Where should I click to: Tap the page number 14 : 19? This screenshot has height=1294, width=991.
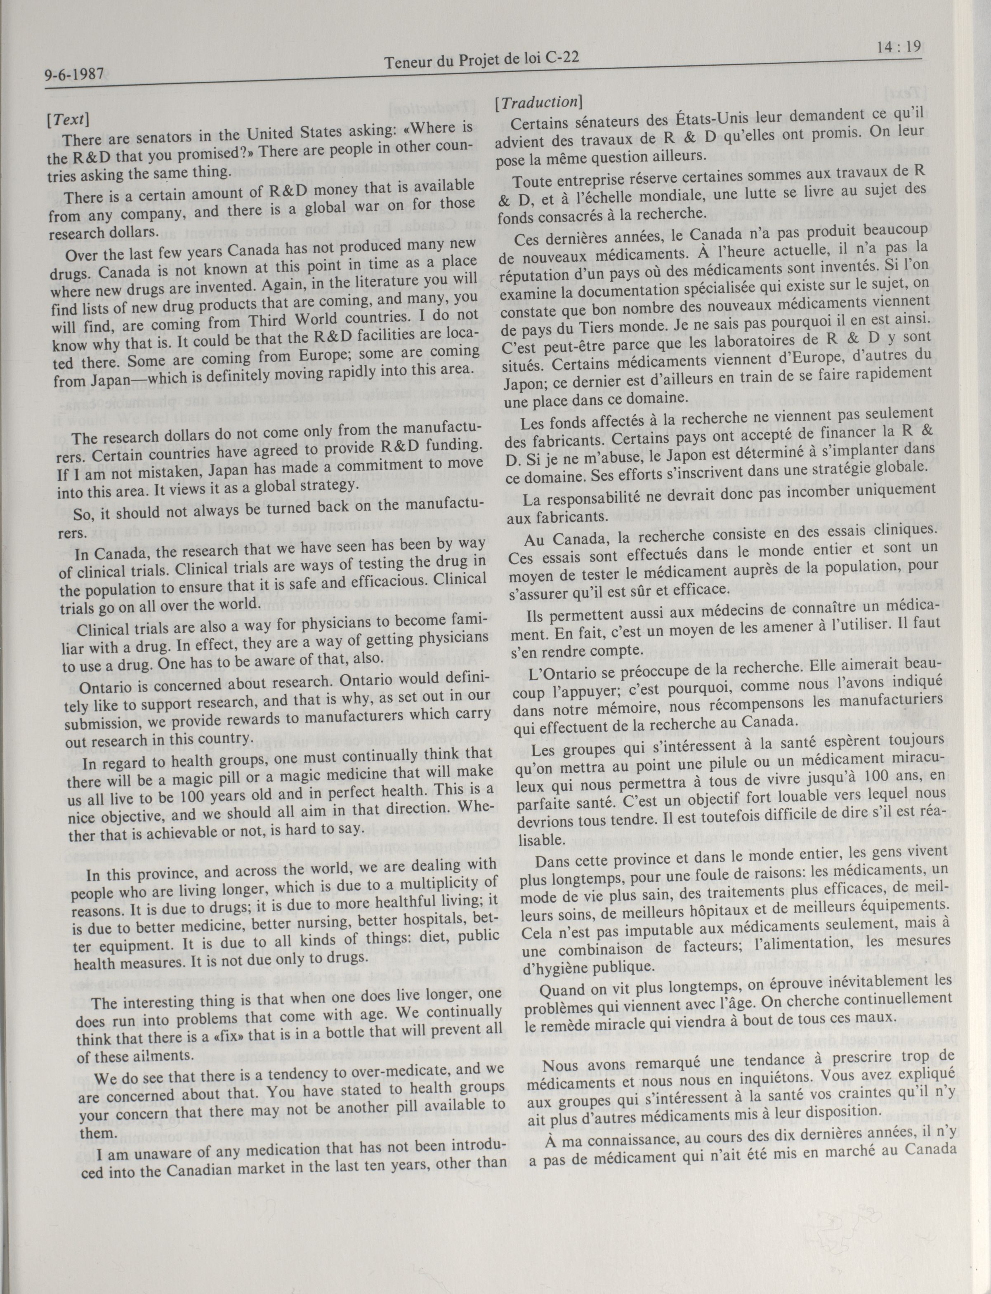[899, 47]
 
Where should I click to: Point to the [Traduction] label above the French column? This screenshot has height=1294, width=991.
[538, 101]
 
